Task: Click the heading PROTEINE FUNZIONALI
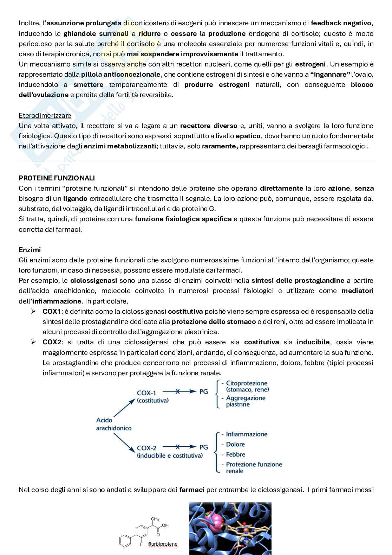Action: (57, 178)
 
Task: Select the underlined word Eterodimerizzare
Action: (45, 115)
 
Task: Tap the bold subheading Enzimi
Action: (30, 250)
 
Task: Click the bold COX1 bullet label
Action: (52, 312)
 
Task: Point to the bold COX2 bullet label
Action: (52, 342)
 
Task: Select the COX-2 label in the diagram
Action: (146, 448)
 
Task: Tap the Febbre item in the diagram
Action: (235, 454)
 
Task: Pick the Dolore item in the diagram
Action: (235, 444)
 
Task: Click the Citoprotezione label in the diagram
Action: (247, 383)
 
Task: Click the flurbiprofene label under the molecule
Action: (163, 544)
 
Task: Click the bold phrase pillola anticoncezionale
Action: (121, 75)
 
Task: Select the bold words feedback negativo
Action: (342, 23)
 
